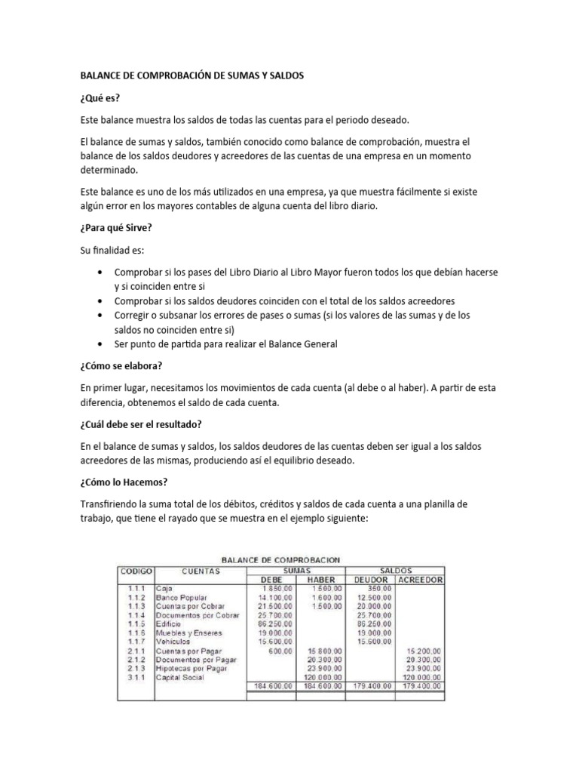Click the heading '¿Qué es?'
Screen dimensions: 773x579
point(100,97)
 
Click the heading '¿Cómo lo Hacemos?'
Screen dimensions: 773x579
point(124,482)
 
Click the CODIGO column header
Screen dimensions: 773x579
point(136,571)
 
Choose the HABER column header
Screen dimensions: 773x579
point(320,580)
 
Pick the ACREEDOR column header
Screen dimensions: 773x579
point(420,580)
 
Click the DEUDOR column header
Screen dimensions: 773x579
point(369,580)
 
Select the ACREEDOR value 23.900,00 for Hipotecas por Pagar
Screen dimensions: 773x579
point(427,668)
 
